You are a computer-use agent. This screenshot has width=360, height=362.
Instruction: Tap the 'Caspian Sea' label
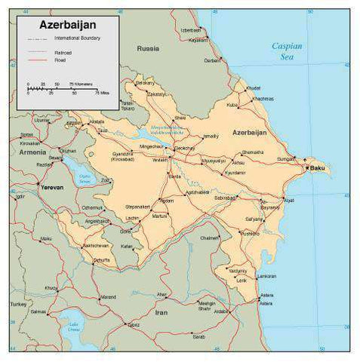pos(287,51)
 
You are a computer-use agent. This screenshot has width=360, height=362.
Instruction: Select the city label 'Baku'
pos(318,168)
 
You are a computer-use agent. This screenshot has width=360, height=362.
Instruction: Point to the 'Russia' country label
pos(148,48)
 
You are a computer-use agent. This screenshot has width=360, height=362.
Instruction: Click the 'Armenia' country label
pos(32,152)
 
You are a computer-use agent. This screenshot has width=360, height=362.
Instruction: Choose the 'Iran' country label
pos(162,311)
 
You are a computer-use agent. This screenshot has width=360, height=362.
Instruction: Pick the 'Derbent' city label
pos(212,60)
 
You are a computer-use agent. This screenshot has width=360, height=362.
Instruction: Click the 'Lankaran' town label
pos(242,281)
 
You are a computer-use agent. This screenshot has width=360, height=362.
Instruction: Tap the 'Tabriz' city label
pos(133,325)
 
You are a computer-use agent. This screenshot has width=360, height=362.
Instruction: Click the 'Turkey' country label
pos(17,304)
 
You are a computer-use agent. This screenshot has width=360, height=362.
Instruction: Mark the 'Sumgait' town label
pos(286,159)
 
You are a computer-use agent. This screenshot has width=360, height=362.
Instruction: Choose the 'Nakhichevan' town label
pos(96,246)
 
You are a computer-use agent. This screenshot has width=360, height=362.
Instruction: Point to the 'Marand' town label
pos(109,296)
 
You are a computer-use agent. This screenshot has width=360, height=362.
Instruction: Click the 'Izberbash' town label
pos(192,30)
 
